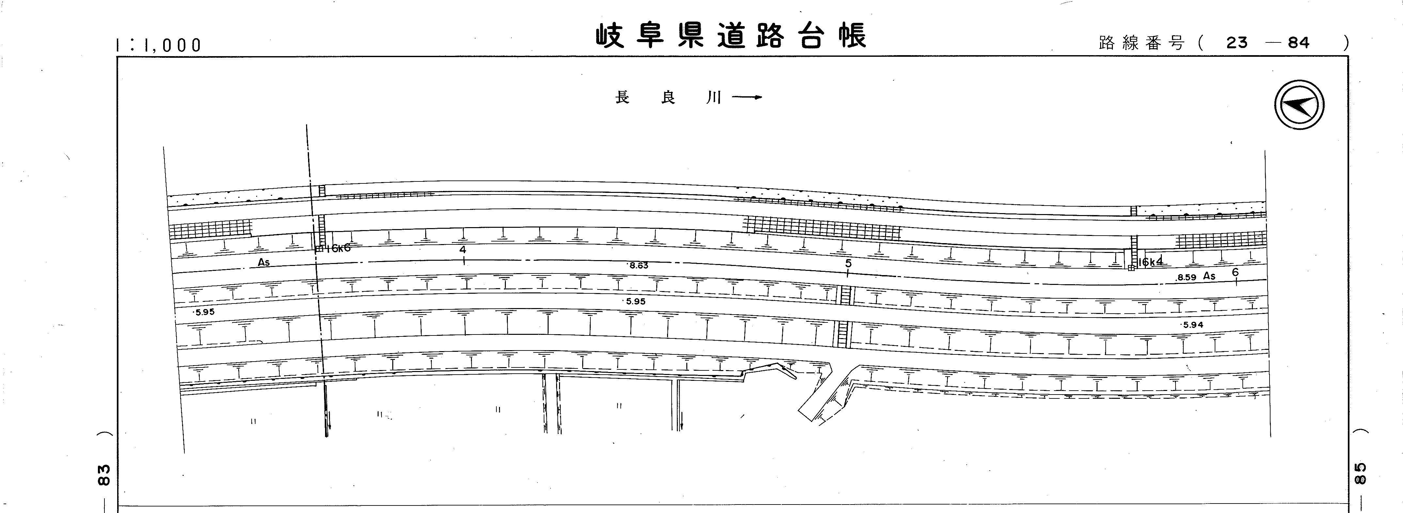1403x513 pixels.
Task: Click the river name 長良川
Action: pos(668,98)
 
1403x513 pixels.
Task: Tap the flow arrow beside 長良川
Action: pos(747,98)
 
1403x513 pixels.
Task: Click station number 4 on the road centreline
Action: pos(462,250)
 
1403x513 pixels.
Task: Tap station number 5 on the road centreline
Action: pos(848,264)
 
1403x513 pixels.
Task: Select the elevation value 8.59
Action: pos(1186,277)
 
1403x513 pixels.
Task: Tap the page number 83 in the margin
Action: pos(104,474)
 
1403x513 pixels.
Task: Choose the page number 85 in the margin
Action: pos(1359,473)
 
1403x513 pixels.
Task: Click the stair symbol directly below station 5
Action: pos(845,295)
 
